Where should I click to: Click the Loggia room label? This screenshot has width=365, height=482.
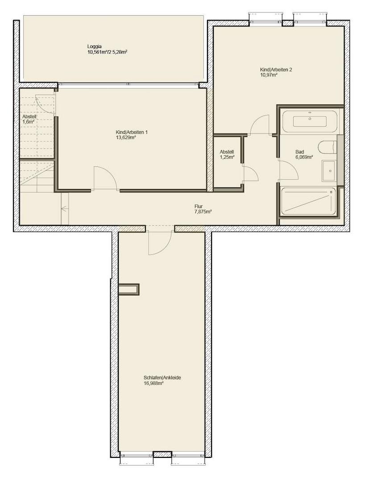point(95,46)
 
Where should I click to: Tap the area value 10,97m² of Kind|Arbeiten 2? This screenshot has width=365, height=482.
point(269,75)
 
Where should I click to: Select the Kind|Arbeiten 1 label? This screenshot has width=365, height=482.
point(131,132)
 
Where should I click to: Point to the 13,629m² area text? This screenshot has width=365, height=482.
point(126,138)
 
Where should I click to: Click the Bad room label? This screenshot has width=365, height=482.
point(299,152)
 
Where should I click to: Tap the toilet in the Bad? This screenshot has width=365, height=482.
point(328,147)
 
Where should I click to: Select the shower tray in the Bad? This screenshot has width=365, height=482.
point(308,201)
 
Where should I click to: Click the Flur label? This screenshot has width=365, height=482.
point(199,206)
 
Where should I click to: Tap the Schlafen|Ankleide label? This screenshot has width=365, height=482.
point(162,378)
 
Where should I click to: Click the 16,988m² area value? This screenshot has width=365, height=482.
point(153,383)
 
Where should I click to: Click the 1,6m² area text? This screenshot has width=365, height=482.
point(29,121)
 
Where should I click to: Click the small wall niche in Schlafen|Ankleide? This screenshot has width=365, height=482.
point(129,289)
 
